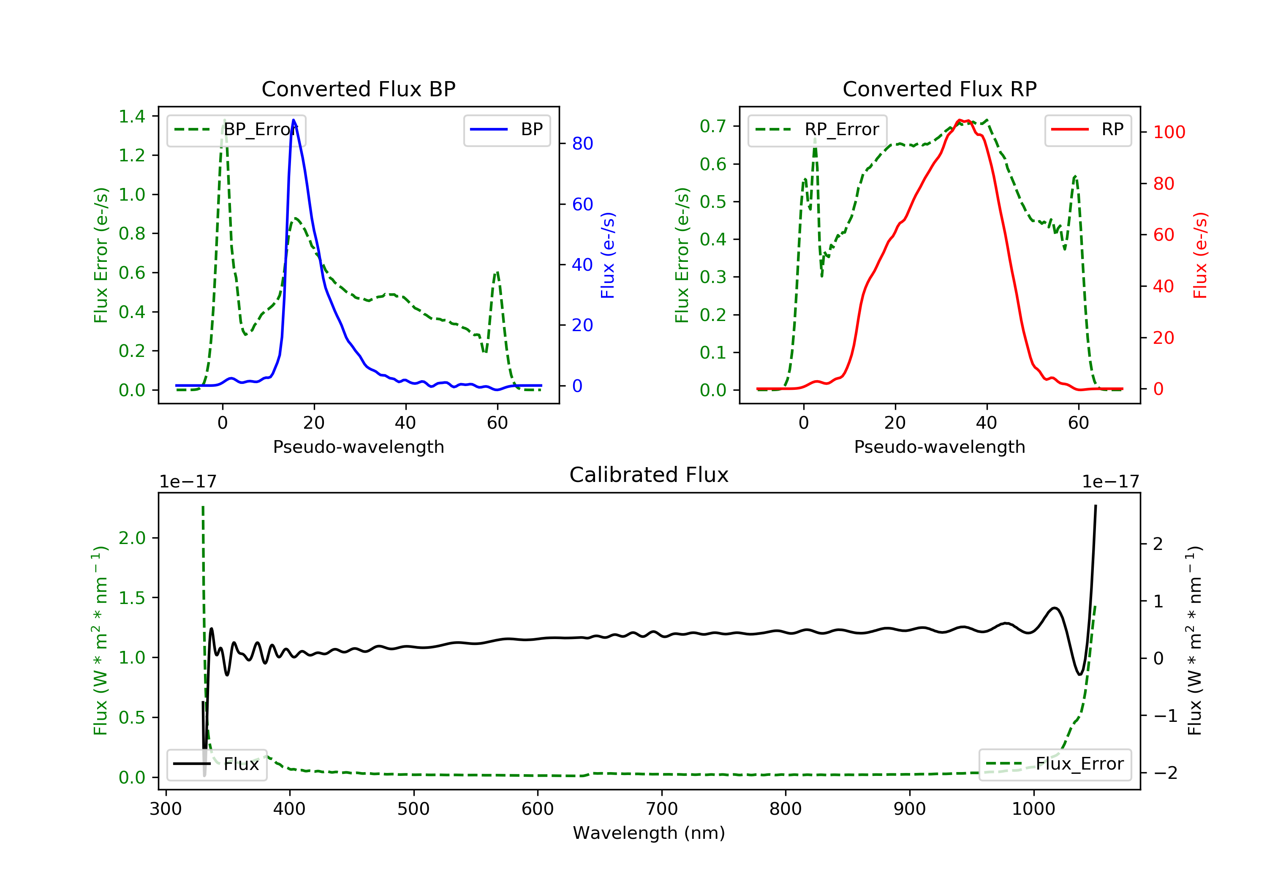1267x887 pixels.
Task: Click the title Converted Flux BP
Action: [358, 89]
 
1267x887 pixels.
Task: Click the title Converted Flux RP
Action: [939, 89]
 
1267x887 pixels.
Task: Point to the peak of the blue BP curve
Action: [294, 120]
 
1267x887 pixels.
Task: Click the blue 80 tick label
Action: [582, 144]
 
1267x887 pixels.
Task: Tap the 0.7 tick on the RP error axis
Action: [713, 126]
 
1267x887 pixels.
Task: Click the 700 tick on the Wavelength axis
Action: [662, 809]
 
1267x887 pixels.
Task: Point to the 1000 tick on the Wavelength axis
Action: [1033, 809]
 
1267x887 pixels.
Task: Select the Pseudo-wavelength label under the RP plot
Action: [939, 446]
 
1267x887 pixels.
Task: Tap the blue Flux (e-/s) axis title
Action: [608, 255]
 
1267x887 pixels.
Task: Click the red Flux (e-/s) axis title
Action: [1200, 255]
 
